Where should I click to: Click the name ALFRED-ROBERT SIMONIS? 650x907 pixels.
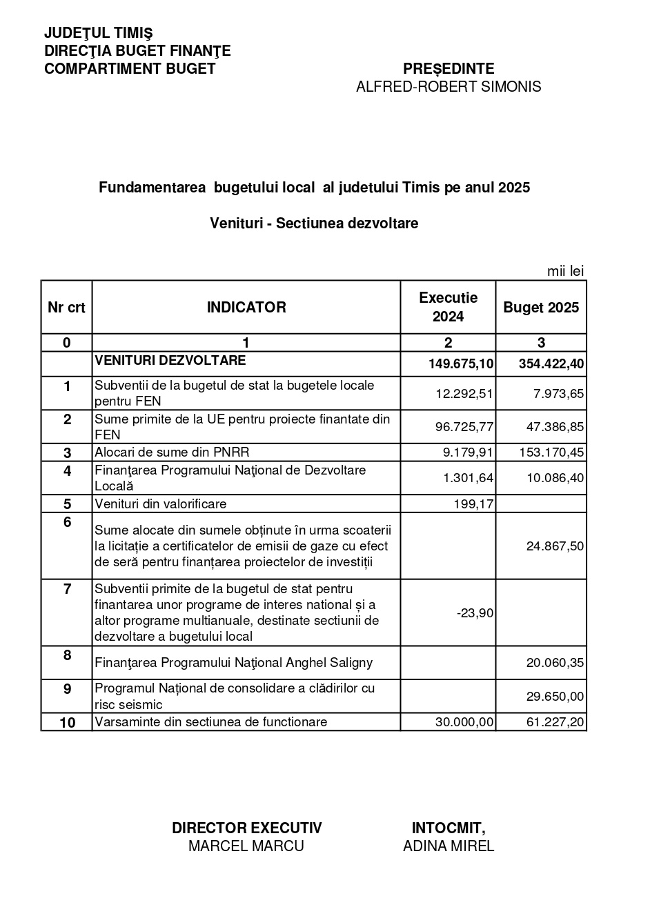tap(449, 87)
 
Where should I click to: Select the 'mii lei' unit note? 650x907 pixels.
tap(565, 271)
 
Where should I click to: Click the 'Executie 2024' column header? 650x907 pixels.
tap(448, 307)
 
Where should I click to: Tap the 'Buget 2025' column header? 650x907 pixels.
tap(541, 308)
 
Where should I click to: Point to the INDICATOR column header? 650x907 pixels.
tap(246, 308)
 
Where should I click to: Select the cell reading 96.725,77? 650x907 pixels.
tap(464, 427)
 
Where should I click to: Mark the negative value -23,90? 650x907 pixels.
tap(475, 612)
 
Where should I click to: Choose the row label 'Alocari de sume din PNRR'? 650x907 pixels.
tap(172, 452)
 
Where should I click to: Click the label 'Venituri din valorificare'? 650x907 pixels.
tap(161, 504)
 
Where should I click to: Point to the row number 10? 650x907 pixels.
tap(67, 723)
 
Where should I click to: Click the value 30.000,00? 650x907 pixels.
tap(464, 722)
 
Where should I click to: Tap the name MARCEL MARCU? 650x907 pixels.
tap(246, 846)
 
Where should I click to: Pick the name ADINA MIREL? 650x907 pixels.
tap(449, 846)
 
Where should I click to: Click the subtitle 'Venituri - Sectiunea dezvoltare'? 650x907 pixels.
tap(314, 223)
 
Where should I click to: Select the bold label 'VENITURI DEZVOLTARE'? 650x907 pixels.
tap(170, 360)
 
